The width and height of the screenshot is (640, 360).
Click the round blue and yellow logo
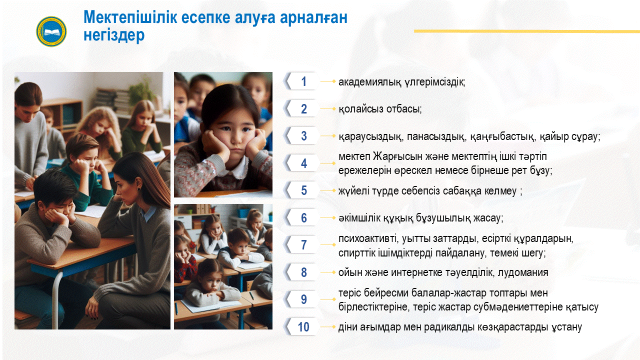pyautogui.click(x=51, y=31)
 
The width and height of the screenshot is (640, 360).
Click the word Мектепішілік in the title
pyautogui.click(x=130, y=17)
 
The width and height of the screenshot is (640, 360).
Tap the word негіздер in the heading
pyautogui.click(x=114, y=35)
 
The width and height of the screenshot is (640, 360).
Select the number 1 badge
pyautogui.click(x=301, y=81)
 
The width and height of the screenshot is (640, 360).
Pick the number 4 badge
pyautogui.click(x=301, y=163)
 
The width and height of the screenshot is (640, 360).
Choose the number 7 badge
pyautogui.click(x=301, y=245)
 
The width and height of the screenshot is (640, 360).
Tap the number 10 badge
pyautogui.click(x=301, y=326)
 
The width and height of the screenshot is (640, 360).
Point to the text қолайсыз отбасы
pyautogui.click(x=380, y=109)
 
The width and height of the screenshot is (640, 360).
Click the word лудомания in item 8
pyautogui.click(x=523, y=272)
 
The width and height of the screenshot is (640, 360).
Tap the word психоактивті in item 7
pyautogui.click(x=368, y=239)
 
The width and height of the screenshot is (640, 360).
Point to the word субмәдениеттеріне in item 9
pyautogui.click(x=518, y=307)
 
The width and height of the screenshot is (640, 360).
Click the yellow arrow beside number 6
pyautogui.click(x=328, y=218)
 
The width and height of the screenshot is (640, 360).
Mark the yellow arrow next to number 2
pyautogui.click(x=328, y=109)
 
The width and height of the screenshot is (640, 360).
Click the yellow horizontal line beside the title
pyautogui.click(x=527, y=31)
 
